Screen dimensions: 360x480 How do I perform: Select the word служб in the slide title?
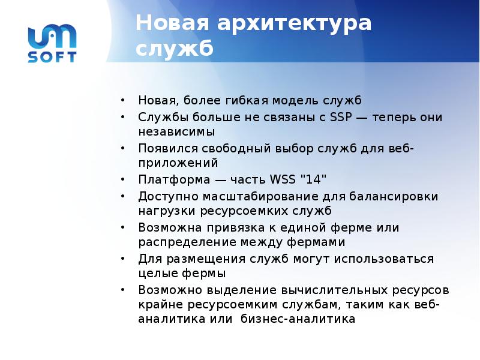pos(174,48)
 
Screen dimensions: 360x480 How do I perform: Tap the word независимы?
pos(176,131)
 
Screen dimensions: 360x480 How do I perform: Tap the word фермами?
pos(315,242)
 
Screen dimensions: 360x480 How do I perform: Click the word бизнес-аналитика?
pos(298,320)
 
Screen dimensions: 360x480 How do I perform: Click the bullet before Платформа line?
pos(122,179)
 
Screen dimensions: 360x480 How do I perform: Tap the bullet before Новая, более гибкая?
pos(122,100)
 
